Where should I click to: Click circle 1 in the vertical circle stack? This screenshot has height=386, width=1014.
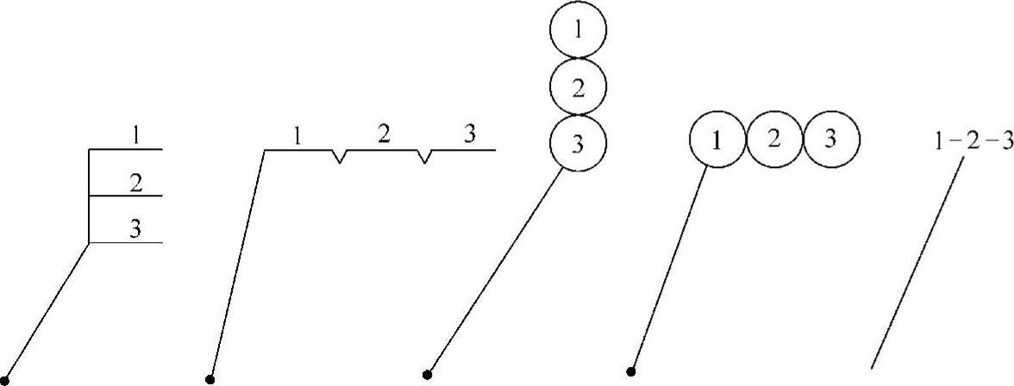pos(578,30)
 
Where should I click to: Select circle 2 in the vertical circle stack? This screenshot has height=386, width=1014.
pos(578,86)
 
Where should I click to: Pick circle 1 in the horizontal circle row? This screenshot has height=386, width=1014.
pos(717,140)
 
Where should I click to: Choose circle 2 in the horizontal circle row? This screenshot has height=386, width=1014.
pos(773,140)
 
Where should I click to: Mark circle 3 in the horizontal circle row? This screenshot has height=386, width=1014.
pos(830,140)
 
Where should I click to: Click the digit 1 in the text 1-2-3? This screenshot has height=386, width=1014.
pos(940,142)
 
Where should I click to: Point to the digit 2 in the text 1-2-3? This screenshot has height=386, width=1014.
pos(972,142)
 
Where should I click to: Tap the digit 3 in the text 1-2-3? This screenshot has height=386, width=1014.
pos(1005,142)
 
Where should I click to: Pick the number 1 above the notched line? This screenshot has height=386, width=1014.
pos(297,135)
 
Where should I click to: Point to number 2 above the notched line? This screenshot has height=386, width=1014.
pos(385,134)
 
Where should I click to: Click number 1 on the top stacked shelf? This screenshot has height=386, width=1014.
pos(135,134)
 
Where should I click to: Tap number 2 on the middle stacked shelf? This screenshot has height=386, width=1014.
pos(135,182)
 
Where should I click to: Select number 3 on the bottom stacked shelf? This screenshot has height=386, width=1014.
pos(135,228)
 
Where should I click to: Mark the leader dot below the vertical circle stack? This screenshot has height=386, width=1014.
pos(427,374)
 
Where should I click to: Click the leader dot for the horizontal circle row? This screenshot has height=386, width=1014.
pos(631,372)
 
